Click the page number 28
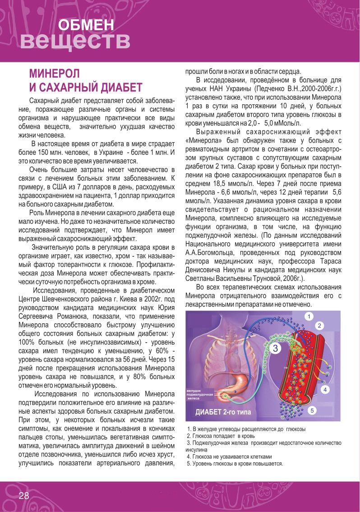(24, 495)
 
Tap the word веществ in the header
(75, 41)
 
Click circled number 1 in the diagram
(309, 316)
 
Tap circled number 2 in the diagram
(319, 326)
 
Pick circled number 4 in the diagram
(324, 389)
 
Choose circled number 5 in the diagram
(312, 410)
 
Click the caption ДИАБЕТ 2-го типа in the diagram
(221, 412)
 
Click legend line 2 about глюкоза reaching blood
(221, 436)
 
